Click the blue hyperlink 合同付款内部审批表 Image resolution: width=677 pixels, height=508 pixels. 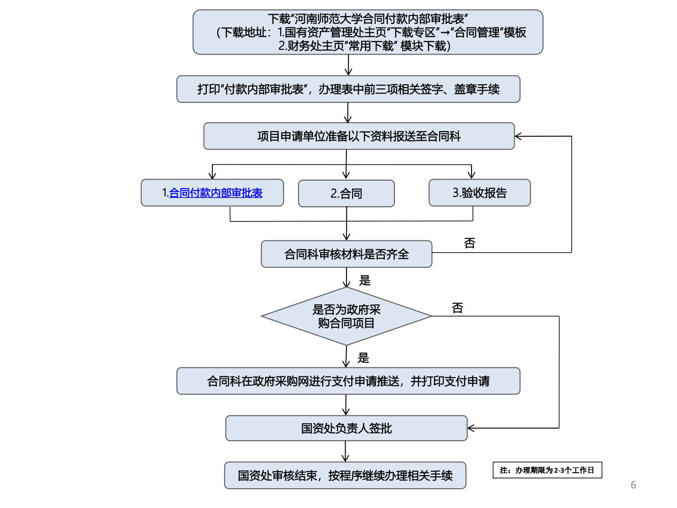pyautogui.click(x=215, y=193)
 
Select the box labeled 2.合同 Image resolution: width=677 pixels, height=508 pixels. pyautogui.click(x=346, y=193)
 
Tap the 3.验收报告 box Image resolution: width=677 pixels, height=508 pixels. pyautogui.click(x=480, y=193)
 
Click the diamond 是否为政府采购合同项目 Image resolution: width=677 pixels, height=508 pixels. pyautogui.click(x=346, y=316)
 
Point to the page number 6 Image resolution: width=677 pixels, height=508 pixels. pyautogui.click(x=633, y=485)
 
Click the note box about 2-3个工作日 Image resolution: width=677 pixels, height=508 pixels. pyautogui.click(x=547, y=470)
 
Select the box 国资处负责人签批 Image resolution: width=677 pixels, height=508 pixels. pyautogui.click(x=346, y=428)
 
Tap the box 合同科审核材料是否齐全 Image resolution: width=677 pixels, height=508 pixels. pyautogui.click(x=346, y=254)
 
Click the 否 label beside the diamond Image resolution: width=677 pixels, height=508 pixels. pyautogui.click(x=457, y=308)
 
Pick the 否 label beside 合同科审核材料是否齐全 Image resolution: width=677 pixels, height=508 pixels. pyautogui.click(x=470, y=243)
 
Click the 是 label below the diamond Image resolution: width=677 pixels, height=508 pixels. pyautogui.click(x=363, y=358)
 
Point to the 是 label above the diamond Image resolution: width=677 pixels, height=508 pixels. pyautogui.click(x=365, y=281)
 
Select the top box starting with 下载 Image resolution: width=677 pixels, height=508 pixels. pyautogui.click(x=368, y=32)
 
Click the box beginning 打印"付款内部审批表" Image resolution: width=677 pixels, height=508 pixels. pyautogui.click(x=348, y=89)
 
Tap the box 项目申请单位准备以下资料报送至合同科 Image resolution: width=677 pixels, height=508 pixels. pyautogui.click(x=359, y=136)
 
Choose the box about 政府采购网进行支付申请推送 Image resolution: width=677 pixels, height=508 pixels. pyautogui.click(x=348, y=381)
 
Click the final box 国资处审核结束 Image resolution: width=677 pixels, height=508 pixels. pyautogui.click(x=345, y=476)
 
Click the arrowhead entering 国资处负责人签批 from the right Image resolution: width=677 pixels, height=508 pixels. pyautogui.click(x=471, y=428)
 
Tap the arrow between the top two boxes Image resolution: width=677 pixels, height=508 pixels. pyautogui.click(x=348, y=66)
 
